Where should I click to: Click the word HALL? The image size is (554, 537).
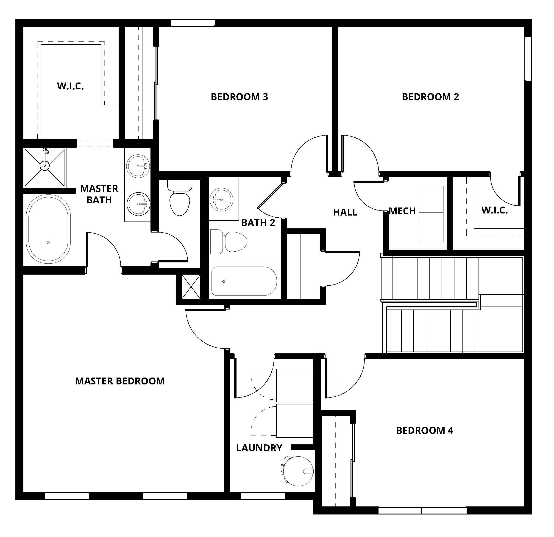pyautogui.click(x=345, y=212)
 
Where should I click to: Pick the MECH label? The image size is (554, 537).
pyautogui.click(x=402, y=211)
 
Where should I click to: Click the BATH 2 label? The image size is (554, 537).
pyautogui.click(x=258, y=223)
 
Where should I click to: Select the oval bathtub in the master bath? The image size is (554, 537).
pyautogui.click(x=48, y=229)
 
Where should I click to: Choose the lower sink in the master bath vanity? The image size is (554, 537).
pyautogui.click(x=138, y=204)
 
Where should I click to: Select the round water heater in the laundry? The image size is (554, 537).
pyautogui.click(x=298, y=471)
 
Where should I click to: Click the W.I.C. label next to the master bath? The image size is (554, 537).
pyautogui.click(x=70, y=86)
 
